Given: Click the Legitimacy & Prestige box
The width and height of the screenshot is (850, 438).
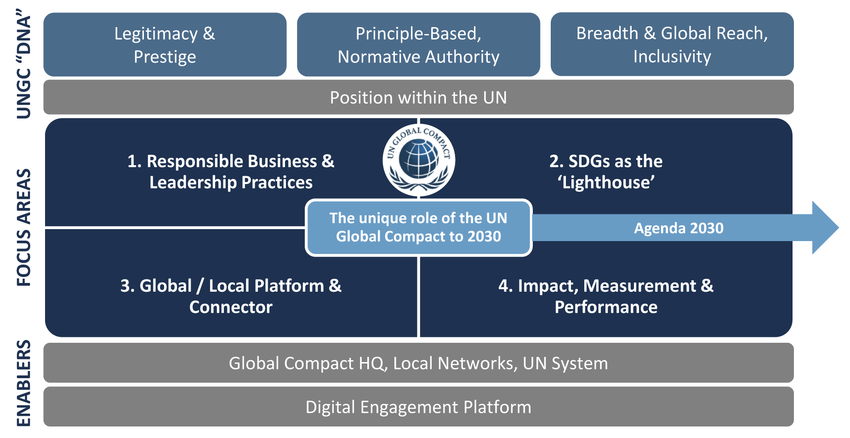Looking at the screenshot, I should point(165,45).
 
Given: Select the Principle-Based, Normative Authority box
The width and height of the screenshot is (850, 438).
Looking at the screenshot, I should point(418,45).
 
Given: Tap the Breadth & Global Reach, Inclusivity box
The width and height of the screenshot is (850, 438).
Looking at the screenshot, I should point(672,45).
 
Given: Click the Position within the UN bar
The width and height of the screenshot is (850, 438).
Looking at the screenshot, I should point(418,98).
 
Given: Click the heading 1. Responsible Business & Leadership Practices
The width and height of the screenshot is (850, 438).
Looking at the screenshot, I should point(231,172).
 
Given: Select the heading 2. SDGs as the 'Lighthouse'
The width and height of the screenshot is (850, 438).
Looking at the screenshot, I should point(606,172).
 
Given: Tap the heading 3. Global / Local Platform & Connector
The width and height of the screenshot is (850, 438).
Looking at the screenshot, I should point(231,296).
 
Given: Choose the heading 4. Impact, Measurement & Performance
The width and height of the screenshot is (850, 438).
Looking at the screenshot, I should point(606,296).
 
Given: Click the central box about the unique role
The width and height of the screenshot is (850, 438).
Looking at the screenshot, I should point(418,227).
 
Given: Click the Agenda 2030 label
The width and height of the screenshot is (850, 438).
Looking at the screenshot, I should point(679,228).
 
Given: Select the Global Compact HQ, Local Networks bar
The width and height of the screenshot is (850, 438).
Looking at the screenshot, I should point(418,363).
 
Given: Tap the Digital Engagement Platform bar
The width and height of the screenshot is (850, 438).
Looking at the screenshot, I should point(418,407).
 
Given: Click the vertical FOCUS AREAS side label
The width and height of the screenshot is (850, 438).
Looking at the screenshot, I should point(24,227).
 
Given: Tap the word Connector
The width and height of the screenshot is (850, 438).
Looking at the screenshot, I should point(231,307).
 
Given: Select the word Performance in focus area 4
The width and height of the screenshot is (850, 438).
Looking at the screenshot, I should point(606,307).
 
